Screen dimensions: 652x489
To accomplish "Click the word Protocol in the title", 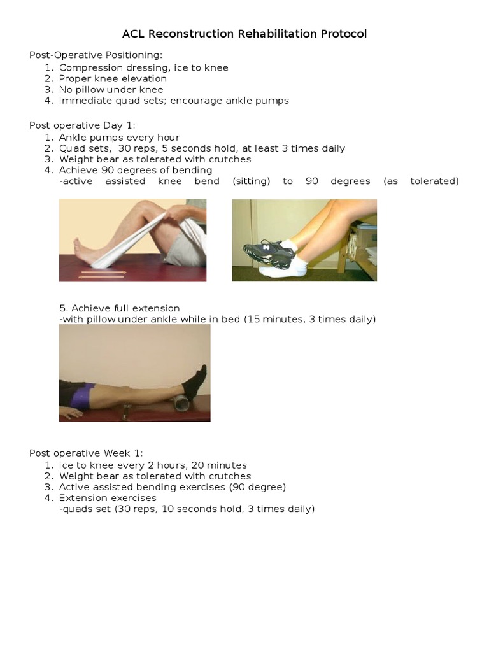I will (343, 34).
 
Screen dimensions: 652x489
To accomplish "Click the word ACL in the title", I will (134, 34).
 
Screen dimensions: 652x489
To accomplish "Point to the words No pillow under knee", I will (111, 90).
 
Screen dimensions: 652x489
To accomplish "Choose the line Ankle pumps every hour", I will (119, 138).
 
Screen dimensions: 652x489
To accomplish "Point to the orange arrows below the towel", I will (103, 274).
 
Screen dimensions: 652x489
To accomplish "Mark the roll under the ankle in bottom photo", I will (181, 406).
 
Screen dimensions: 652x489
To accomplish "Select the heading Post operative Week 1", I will (86, 453).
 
